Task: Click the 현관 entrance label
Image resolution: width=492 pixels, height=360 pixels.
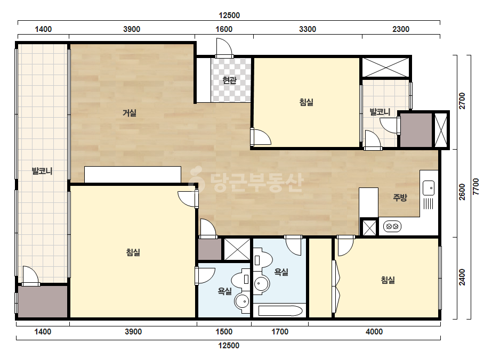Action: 229,80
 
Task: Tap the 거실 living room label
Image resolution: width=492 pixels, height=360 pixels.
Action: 130,112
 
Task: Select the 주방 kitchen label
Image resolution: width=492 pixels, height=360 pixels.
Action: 400,197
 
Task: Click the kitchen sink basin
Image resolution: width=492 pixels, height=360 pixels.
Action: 429,188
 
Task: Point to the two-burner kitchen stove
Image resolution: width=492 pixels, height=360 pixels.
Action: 392,226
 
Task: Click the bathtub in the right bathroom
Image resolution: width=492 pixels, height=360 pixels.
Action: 280,311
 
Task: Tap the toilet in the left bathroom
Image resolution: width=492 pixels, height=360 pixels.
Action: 240,279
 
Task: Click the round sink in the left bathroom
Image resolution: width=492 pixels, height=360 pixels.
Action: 242,301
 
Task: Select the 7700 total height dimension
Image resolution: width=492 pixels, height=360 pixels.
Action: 476,187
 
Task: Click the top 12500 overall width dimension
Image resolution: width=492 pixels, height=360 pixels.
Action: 229,15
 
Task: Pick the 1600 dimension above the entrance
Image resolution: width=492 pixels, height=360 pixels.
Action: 224,29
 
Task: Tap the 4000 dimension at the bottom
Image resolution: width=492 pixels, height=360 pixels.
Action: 374,331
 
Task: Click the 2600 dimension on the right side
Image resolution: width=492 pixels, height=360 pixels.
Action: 462,192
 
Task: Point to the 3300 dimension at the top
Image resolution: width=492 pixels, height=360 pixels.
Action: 308,29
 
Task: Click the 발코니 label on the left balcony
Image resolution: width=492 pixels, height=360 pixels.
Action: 42,171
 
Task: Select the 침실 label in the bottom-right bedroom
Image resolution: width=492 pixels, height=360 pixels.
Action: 388,280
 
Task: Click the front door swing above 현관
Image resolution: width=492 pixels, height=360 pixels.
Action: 224,48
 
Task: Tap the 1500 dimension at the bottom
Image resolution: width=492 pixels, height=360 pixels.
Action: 224,331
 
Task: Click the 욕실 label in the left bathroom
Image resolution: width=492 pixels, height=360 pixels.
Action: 224,291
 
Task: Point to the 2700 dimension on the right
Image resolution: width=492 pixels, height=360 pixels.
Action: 462,101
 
